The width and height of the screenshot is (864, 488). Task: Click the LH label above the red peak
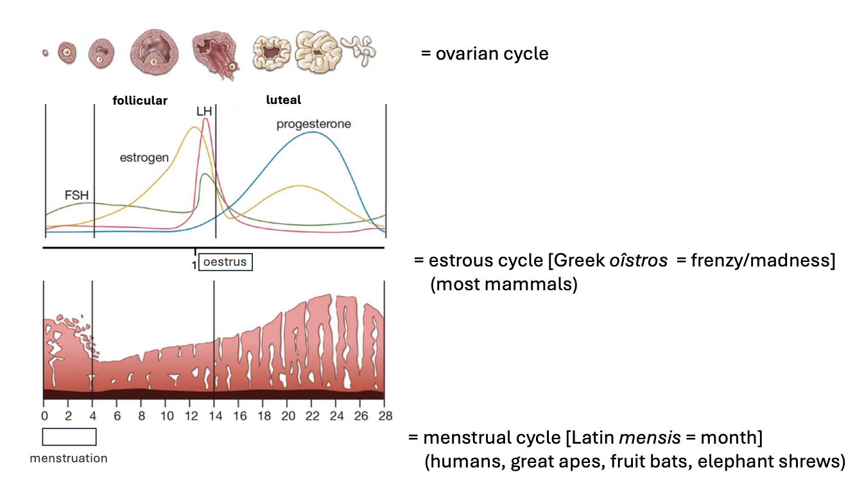[x=204, y=112]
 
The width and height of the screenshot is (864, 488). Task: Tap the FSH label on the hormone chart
[x=76, y=195]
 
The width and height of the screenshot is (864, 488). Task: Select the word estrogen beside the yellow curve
[x=144, y=157]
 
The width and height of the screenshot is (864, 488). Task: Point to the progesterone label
[x=313, y=124]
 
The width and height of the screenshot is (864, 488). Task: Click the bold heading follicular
[x=140, y=100]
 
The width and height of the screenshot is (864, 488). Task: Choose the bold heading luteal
[x=284, y=100]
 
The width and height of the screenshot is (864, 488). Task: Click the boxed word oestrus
[x=225, y=263]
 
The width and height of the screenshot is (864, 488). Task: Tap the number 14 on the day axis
[x=214, y=415]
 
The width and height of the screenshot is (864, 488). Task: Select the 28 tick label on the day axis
[x=384, y=415]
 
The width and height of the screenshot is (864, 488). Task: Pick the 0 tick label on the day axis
[x=44, y=415]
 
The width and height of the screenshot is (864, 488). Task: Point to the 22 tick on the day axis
[x=311, y=415]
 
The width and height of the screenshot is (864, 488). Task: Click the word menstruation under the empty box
[x=69, y=458]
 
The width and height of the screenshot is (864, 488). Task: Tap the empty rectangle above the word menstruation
[x=69, y=437]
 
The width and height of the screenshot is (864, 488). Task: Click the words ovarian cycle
[x=492, y=53]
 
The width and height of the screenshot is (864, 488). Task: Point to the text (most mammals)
[x=504, y=284]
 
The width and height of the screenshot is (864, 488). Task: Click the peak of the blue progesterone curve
[x=313, y=132]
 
